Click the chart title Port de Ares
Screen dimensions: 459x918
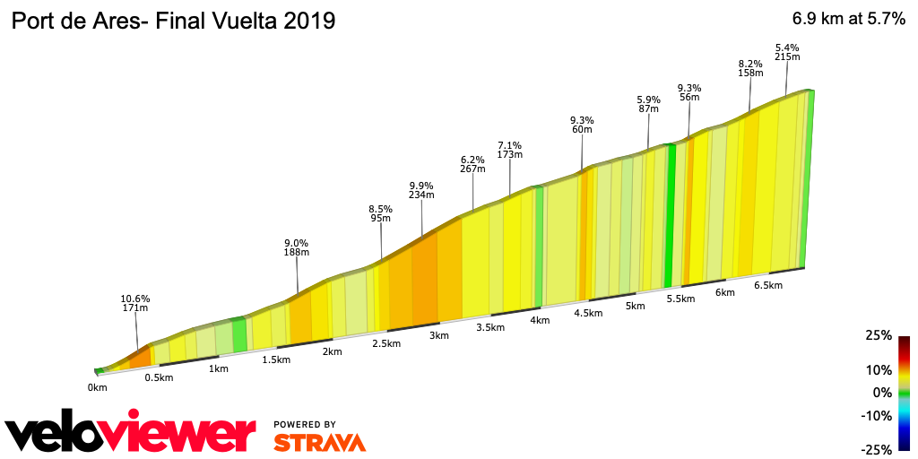point(172,21)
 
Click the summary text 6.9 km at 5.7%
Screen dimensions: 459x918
point(847,21)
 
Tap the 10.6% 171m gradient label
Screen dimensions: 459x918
point(135,303)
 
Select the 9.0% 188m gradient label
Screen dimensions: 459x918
point(297,247)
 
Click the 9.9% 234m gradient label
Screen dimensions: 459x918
point(421,189)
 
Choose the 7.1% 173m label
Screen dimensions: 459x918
point(510,150)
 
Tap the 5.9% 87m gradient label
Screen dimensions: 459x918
point(648,104)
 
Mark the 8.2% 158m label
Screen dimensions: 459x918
point(749,68)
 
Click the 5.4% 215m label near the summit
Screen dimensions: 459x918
point(787,52)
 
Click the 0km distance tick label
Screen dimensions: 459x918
point(98,387)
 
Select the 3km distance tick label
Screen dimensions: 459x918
point(438,335)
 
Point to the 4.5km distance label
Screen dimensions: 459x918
point(588,313)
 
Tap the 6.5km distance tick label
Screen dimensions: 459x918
point(768,285)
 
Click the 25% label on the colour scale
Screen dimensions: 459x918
point(879,335)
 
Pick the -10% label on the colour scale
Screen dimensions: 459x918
point(876,415)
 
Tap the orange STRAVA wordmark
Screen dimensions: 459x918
point(319,442)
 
